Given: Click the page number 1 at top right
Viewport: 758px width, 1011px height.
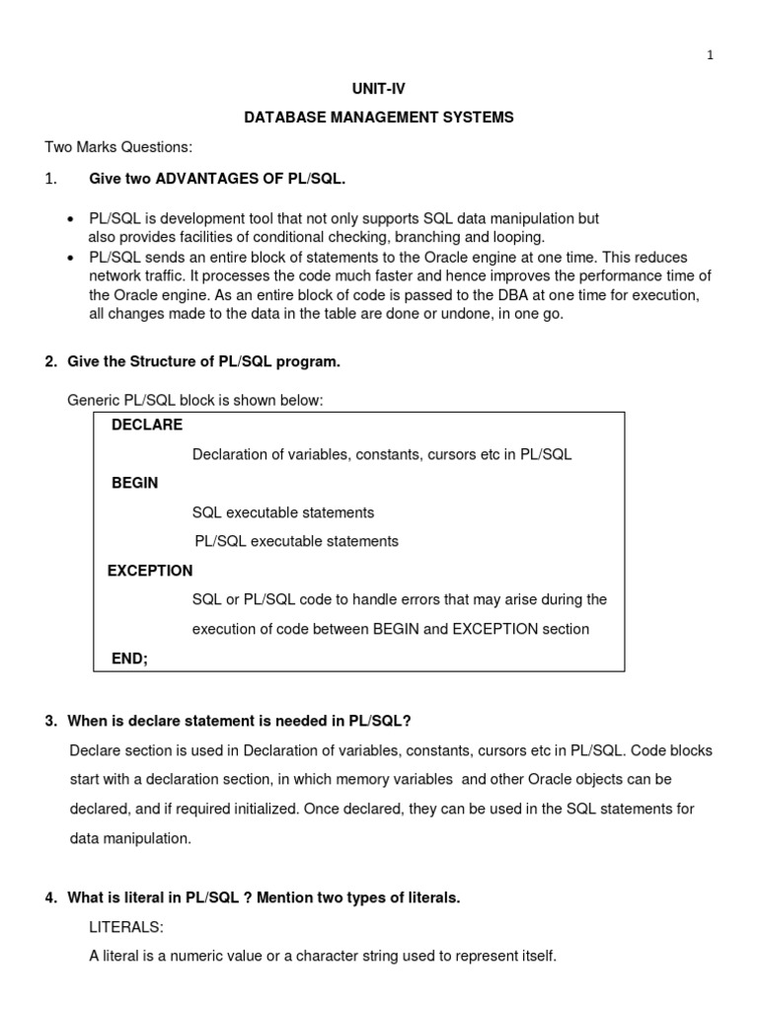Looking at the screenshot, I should [710, 55].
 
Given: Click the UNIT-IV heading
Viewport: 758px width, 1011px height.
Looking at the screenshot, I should [379, 89].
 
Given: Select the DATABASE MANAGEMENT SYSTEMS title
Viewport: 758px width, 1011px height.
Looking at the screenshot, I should [379, 117].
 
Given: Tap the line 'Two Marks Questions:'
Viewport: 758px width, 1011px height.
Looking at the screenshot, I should [118, 147].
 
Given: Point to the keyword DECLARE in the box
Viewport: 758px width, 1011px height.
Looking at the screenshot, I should [147, 425].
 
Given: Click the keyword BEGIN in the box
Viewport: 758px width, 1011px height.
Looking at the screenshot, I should [134, 483].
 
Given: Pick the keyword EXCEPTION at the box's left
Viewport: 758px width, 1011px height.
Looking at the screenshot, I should [150, 571].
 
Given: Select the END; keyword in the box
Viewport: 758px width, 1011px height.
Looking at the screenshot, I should [129, 659].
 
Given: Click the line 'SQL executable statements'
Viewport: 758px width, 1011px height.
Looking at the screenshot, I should [283, 512].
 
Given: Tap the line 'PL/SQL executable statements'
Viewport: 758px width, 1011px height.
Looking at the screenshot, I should [296, 541].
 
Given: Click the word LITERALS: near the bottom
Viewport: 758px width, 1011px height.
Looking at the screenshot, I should [126, 927].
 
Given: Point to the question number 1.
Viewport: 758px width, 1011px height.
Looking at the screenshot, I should [51, 178].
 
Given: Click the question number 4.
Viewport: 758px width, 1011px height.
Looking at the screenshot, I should [50, 897].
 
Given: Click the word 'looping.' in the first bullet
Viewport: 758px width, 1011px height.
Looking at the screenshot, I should [517, 237].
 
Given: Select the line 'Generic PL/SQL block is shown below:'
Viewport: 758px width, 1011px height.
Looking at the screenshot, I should [194, 400].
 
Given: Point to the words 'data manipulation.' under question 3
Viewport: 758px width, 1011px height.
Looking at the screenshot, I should [129, 837].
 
